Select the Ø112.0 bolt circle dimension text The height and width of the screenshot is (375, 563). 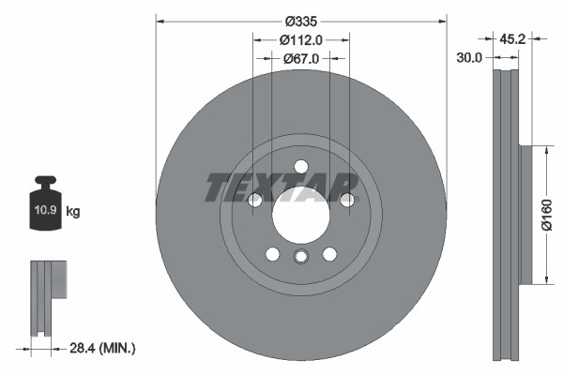tap(300, 39)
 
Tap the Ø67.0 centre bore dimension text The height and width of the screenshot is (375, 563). tap(301, 58)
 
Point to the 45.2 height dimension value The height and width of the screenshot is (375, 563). tap(512, 39)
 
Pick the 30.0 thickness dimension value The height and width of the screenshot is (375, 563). tap(469, 57)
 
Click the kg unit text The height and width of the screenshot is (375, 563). tap(73, 212)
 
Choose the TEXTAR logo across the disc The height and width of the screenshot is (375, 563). tap(281, 187)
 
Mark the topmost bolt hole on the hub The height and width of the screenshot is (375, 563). tap(300, 168)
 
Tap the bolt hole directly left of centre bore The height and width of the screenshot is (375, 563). tap(253, 200)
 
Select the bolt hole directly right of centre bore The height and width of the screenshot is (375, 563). tap(347, 200)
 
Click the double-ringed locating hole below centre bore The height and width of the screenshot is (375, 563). tap(300, 258)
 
